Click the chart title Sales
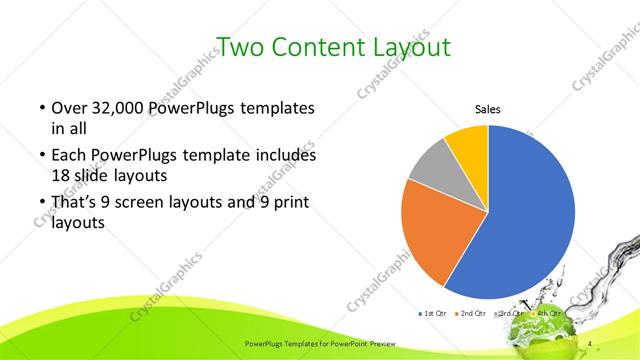tap(487, 110)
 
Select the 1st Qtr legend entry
tap(434, 313)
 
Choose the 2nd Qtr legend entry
tap(472, 313)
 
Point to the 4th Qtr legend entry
tap(547, 313)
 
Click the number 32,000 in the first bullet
tap(113, 107)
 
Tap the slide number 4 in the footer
tap(590, 345)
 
